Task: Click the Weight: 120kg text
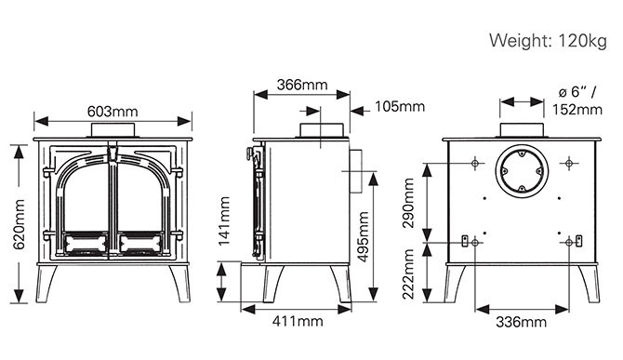point(548,41)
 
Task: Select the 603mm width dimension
point(113,112)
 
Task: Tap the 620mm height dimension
point(19,224)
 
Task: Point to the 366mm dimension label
point(302,85)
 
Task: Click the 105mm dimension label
point(400,106)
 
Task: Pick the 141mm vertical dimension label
point(224,220)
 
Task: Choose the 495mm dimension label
point(363,237)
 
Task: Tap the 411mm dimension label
point(298,321)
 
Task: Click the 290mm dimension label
point(408,203)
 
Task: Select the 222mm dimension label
point(408,274)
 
